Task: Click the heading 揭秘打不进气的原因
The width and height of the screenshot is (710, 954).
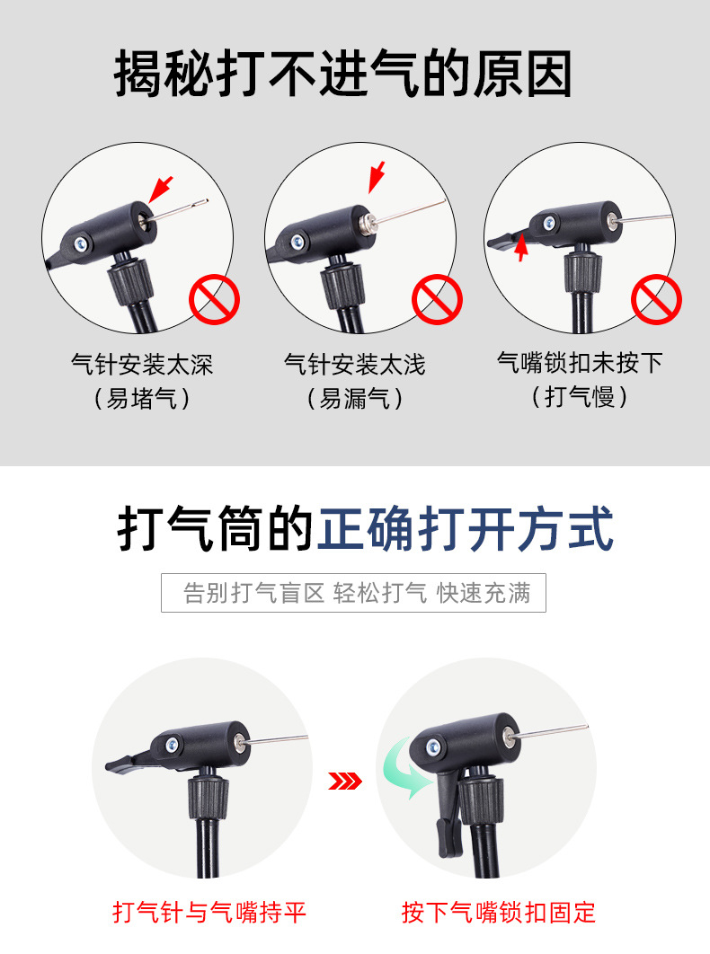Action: [342, 74]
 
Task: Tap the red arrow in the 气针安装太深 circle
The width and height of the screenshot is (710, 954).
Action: [161, 190]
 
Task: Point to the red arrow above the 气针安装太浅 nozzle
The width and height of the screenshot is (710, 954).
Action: [377, 177]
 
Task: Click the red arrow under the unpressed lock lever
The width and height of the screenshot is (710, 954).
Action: [520, 248]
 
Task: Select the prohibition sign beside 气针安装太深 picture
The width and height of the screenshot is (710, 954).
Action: [214, 299]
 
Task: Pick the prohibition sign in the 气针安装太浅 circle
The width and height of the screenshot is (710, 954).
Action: [437, 299]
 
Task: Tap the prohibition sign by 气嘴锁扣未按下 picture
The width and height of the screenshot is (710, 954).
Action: [656, 299]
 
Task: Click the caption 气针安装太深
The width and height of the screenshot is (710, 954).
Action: [142, 365]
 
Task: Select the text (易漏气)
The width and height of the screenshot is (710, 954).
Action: [354, 399]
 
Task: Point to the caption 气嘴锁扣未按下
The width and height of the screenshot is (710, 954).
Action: [580, 363]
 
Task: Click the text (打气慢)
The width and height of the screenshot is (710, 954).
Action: [580, 397]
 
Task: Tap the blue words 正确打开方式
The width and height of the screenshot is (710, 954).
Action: [466, 529]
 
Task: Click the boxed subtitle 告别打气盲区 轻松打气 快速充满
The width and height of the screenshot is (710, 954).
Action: [354, 593]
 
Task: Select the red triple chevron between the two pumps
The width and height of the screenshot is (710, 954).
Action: [344, 781]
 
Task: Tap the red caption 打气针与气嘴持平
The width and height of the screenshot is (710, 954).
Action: [209, 913]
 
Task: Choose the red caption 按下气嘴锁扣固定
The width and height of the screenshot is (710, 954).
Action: [498, 913]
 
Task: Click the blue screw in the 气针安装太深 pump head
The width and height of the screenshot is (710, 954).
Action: [81, 244]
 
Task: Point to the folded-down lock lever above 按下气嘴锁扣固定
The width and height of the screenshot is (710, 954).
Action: [448, 813]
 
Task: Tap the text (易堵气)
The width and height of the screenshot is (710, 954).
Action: [142, 399]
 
